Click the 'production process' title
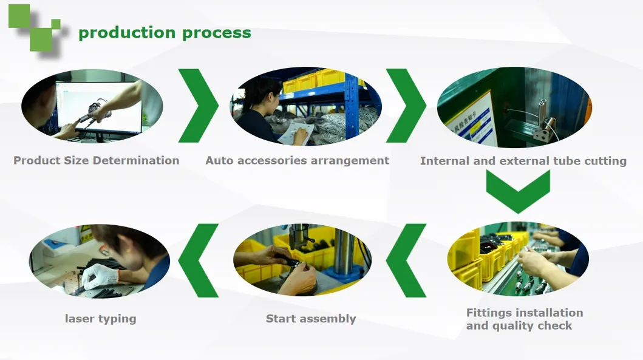coord(165,33)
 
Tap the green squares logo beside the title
coord(35,27)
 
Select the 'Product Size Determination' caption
coord(96,161)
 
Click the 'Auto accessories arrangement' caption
coord(297,161)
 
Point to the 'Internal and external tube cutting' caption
coord(523,161)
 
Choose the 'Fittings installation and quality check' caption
coord(524,319)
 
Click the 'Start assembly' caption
coord(310,319)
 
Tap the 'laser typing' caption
coord(100,319)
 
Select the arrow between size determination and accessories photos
coord(199,106)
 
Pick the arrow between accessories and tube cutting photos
coord(406,106)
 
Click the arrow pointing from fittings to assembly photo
coord(406,260)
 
